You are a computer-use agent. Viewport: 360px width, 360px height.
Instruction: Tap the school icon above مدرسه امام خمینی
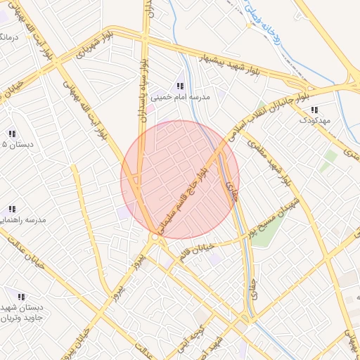coord(180,86)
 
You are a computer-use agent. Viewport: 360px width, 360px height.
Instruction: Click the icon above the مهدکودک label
coord(314,110)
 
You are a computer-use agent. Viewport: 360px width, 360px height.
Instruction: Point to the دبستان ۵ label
coord(14,144)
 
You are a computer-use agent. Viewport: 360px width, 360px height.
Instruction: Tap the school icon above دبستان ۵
coord(12,133)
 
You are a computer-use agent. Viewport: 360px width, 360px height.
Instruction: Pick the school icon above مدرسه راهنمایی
coord(12,209)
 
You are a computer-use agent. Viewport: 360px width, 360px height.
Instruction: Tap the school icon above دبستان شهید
coord(21,297)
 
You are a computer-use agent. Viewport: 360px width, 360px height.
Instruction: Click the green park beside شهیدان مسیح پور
coord(262,233)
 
